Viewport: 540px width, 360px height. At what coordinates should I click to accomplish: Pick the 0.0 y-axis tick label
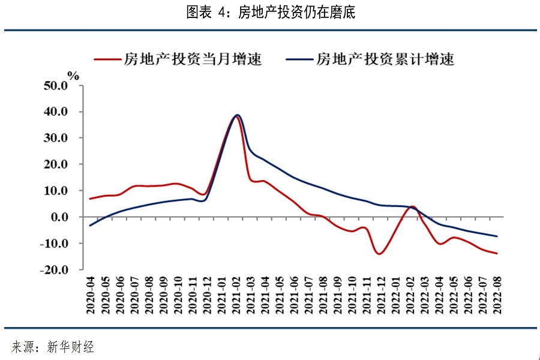pyautogui.click(x=59, y=217)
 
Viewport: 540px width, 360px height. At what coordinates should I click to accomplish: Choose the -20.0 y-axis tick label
pyautogui.click(x=55, y=270)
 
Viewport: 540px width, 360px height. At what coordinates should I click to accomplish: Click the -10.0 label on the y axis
pyautogui.click(x=55, y=244)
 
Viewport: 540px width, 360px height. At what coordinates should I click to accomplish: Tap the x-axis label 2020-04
pyautogui.click(x=91, y=293)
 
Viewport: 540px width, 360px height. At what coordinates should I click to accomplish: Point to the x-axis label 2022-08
pyautogui.click(x=497, y=293)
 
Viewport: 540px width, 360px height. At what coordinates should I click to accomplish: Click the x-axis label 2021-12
pyautogui.click(x=381, y=293)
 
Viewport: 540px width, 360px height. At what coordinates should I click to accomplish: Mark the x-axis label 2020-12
pyautogui.click(x=207, y=293)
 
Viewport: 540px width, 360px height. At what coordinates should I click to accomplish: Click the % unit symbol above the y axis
pyautogui.click(x=73, y=76)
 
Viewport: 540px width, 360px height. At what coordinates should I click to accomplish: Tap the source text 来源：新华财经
pyautogui.click(x=53, y=347)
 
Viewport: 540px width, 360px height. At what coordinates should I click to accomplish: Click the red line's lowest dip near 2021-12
pyautogui.click(x=380, y=254)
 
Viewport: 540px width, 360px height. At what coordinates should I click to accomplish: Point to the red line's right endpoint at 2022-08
pyautogui.click(x=497, y=253)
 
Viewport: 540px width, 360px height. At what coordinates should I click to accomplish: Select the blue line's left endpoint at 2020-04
pyautogui.click(x=90, y=226)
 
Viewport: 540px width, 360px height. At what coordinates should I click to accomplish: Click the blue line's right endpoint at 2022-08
pyautogui.click(x=497, y=236)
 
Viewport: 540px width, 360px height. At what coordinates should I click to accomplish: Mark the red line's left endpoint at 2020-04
pyautogui.click(x=90, y=199)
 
